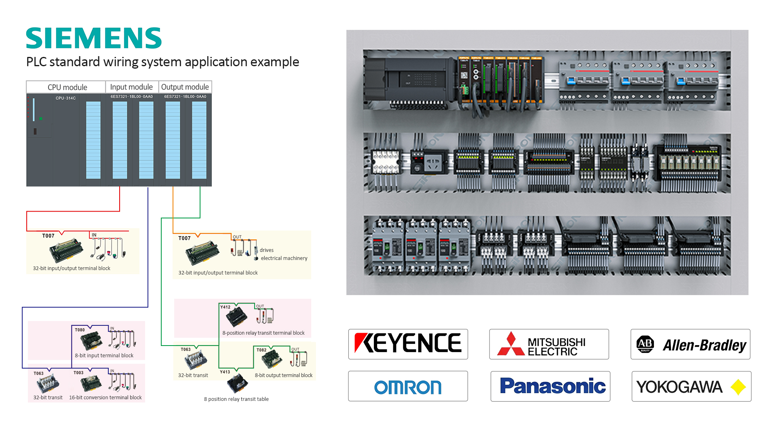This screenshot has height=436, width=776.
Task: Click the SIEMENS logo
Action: [94, 38]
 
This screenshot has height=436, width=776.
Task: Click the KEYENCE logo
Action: [408, 344]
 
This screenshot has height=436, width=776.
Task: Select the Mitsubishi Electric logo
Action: [549, 344]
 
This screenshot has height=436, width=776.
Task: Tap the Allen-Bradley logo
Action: [690, 344]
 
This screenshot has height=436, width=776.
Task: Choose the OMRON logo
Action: [408, 387]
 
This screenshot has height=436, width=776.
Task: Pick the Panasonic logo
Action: [550, 386]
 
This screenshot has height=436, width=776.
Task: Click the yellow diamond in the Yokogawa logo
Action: [738, 387]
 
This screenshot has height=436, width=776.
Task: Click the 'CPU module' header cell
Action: [67, 87]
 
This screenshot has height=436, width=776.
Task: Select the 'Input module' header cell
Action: [131, 87]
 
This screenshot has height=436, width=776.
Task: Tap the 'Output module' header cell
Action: [185, 87]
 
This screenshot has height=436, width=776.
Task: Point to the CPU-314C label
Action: [65, 98]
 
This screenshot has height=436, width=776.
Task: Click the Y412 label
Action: [225, 307]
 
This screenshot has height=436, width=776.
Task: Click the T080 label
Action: [80, 330]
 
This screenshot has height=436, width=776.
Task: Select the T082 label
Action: [261, 350]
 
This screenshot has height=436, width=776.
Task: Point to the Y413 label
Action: [225, 372]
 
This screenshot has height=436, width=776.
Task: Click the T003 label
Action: [78, 373]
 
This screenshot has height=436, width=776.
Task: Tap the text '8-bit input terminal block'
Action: [104, 356]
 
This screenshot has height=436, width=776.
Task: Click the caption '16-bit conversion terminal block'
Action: [105, 398]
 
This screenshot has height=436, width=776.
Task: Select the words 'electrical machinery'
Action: [284, 258]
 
